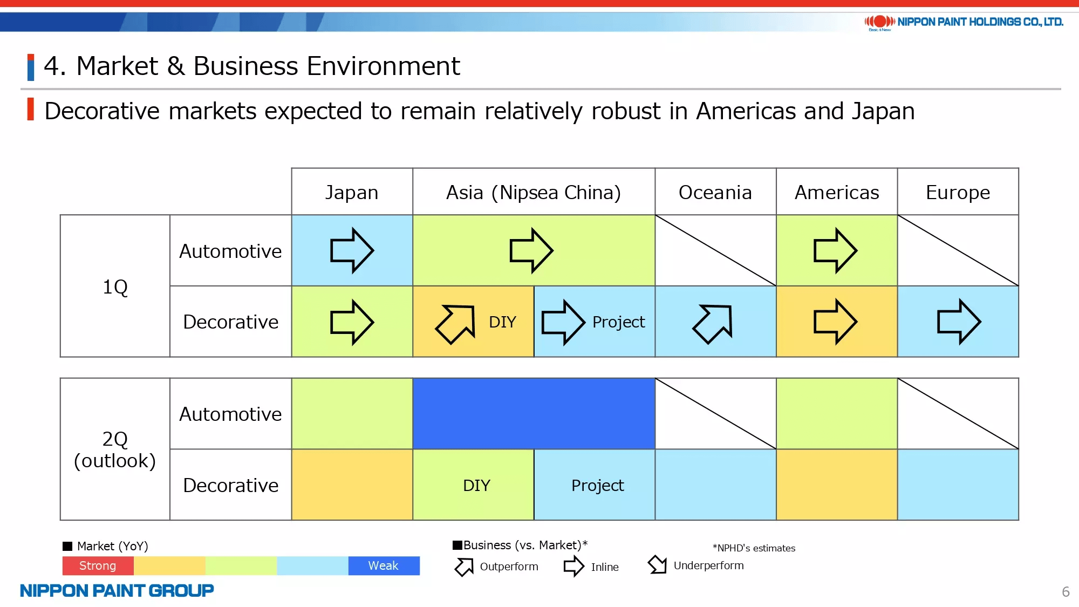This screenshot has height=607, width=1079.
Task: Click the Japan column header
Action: [x=352, y=192]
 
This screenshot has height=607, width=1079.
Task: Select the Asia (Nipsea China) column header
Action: [x=534, y=192]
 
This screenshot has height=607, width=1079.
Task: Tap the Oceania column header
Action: [x=715, y=192]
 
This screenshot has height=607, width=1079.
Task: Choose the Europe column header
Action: [x=958, y=193]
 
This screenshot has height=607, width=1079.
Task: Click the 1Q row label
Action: [x=115, y=287]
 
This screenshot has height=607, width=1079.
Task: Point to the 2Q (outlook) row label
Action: [x=115, y=449]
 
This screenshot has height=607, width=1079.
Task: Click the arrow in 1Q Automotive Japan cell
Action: [x=352, y=250]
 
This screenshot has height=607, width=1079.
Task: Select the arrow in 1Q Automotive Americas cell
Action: [x=835, y=250]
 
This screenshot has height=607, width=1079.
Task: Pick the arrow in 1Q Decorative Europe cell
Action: [x=959, y=322]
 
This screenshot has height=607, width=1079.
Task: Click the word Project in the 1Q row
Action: [x=618, y=322]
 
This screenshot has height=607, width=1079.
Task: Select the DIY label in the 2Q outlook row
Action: [x=476, y=485]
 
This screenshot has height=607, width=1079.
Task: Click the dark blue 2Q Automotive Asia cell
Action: [x=534, y=413]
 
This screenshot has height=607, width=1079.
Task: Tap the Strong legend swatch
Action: [x=98, y=565]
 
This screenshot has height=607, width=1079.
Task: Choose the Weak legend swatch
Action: [x=384, y=565]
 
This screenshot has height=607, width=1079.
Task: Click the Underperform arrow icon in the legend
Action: [x=658, y=565]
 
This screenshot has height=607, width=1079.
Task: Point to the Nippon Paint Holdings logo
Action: [x=964, y=22]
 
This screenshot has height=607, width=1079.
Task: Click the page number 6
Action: [x=1066, y=592]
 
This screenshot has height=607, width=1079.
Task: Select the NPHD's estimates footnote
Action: [x=754, y=548]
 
